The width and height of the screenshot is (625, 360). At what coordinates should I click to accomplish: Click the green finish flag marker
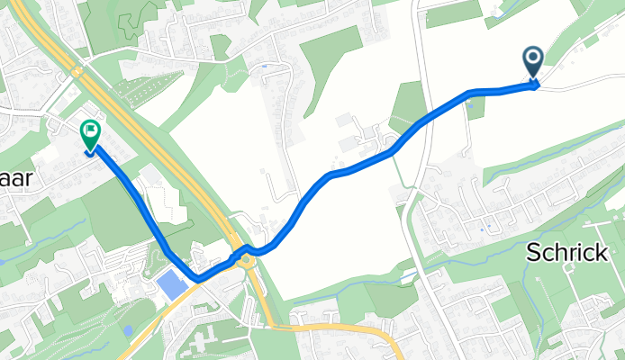tap(91, 136)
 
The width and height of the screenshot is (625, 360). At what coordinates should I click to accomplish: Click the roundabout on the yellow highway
tap(243, 256)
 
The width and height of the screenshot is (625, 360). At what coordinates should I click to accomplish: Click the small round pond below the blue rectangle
tap(129, 330)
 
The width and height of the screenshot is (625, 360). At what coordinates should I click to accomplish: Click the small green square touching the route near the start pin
tap(476, 107)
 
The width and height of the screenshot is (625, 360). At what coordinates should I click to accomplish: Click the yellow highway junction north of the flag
tap(77, 70)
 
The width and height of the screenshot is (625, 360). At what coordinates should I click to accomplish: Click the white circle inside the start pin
tap(533, 58)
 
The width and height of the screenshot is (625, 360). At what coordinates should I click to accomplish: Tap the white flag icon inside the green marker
tap(91, 132)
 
